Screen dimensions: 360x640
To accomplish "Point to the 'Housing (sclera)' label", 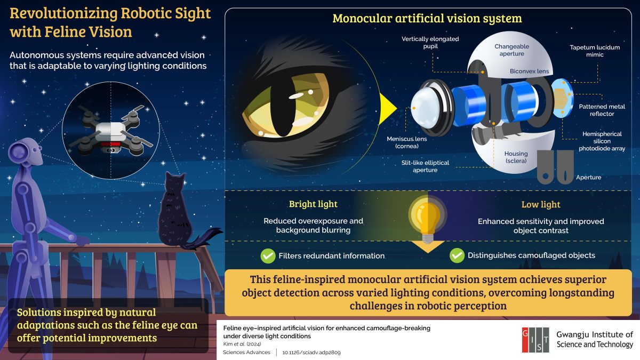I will point(516,157).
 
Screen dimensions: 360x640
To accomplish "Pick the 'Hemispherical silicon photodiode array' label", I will point(600,141).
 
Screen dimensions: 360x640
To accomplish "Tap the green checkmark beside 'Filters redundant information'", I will point(268,255).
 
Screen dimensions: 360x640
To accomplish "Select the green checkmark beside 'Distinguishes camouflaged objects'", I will point(457,255).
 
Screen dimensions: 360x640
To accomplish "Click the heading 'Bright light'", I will point(313,204).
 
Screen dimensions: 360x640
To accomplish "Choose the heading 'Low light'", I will point(540,204).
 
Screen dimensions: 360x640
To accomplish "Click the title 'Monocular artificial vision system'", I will point(427,18).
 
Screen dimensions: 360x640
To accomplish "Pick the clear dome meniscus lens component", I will point(426,105).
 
